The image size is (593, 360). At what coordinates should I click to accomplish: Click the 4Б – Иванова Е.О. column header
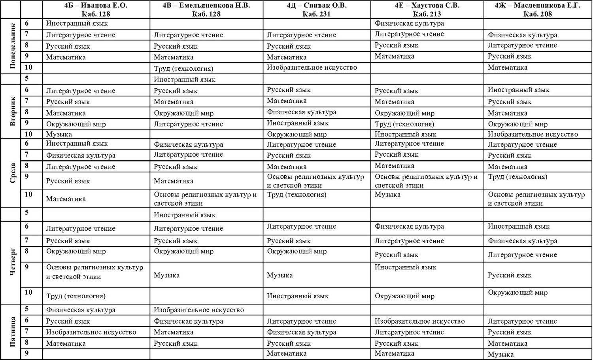pos(96,6)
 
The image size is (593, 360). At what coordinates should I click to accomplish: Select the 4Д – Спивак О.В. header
pos(316,6)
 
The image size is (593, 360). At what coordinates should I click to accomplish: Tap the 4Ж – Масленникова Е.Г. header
pos(537,6)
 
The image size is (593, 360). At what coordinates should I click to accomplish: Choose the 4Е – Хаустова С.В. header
pos(427,6)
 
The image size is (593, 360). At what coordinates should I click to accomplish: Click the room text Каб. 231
pos(316,14)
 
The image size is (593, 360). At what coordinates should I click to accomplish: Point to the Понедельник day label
pos(12,45)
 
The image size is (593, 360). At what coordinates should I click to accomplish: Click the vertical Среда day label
pos(12,173)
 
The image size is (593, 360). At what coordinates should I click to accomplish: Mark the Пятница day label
pos(12,332)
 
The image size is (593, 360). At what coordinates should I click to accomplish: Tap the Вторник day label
pos(12,111)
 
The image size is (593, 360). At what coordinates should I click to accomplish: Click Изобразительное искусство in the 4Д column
pos(312,67)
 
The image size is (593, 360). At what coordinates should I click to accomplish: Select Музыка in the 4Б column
pos(59,134)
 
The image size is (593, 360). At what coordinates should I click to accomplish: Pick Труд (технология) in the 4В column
pos(183,68)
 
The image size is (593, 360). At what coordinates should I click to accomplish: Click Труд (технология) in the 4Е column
pos(404,124)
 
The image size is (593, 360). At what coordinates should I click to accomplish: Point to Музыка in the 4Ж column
pos(500,354)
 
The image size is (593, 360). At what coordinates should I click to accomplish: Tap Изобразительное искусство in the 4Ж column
pos(533,134)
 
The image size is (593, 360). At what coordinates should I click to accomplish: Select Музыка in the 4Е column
pos(387,194)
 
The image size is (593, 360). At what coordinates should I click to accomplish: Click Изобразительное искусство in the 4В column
pos(198,310)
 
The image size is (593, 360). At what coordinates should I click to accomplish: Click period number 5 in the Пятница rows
pos(27,309)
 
